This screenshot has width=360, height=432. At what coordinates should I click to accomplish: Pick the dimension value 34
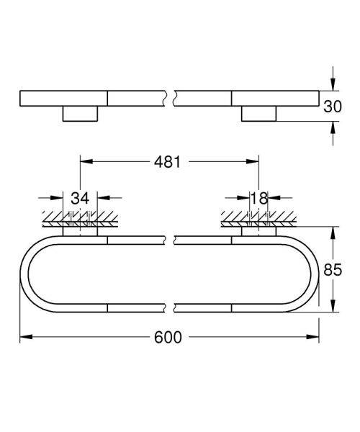point(81,198)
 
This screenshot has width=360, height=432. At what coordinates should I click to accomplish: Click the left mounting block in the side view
point(81,113)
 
